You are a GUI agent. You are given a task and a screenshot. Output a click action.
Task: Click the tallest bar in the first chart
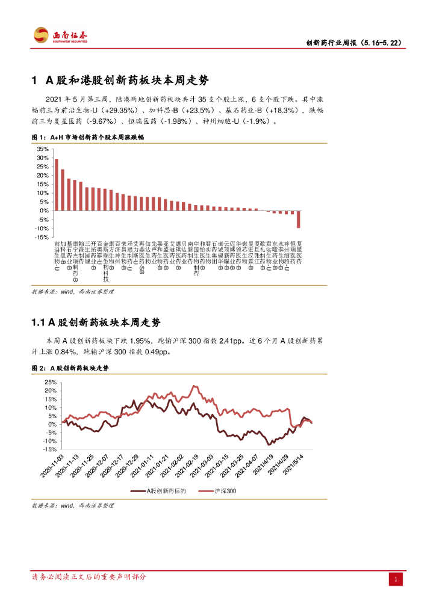point(57,185)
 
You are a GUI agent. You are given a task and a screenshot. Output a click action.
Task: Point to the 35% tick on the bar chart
point(42,149)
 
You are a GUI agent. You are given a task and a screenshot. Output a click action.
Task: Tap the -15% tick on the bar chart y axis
point(42,238)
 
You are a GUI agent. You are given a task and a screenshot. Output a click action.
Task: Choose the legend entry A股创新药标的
point(162,491)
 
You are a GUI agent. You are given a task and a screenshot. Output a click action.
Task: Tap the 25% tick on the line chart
point(50,382)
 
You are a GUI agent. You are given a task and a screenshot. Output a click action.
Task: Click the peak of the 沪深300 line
point(193,386)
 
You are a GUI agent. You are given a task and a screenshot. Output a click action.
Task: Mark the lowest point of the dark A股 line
point(267,444)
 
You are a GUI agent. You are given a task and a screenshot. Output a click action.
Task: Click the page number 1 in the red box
point(396,579)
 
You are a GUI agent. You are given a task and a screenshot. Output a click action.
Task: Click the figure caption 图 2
point(70,367)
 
